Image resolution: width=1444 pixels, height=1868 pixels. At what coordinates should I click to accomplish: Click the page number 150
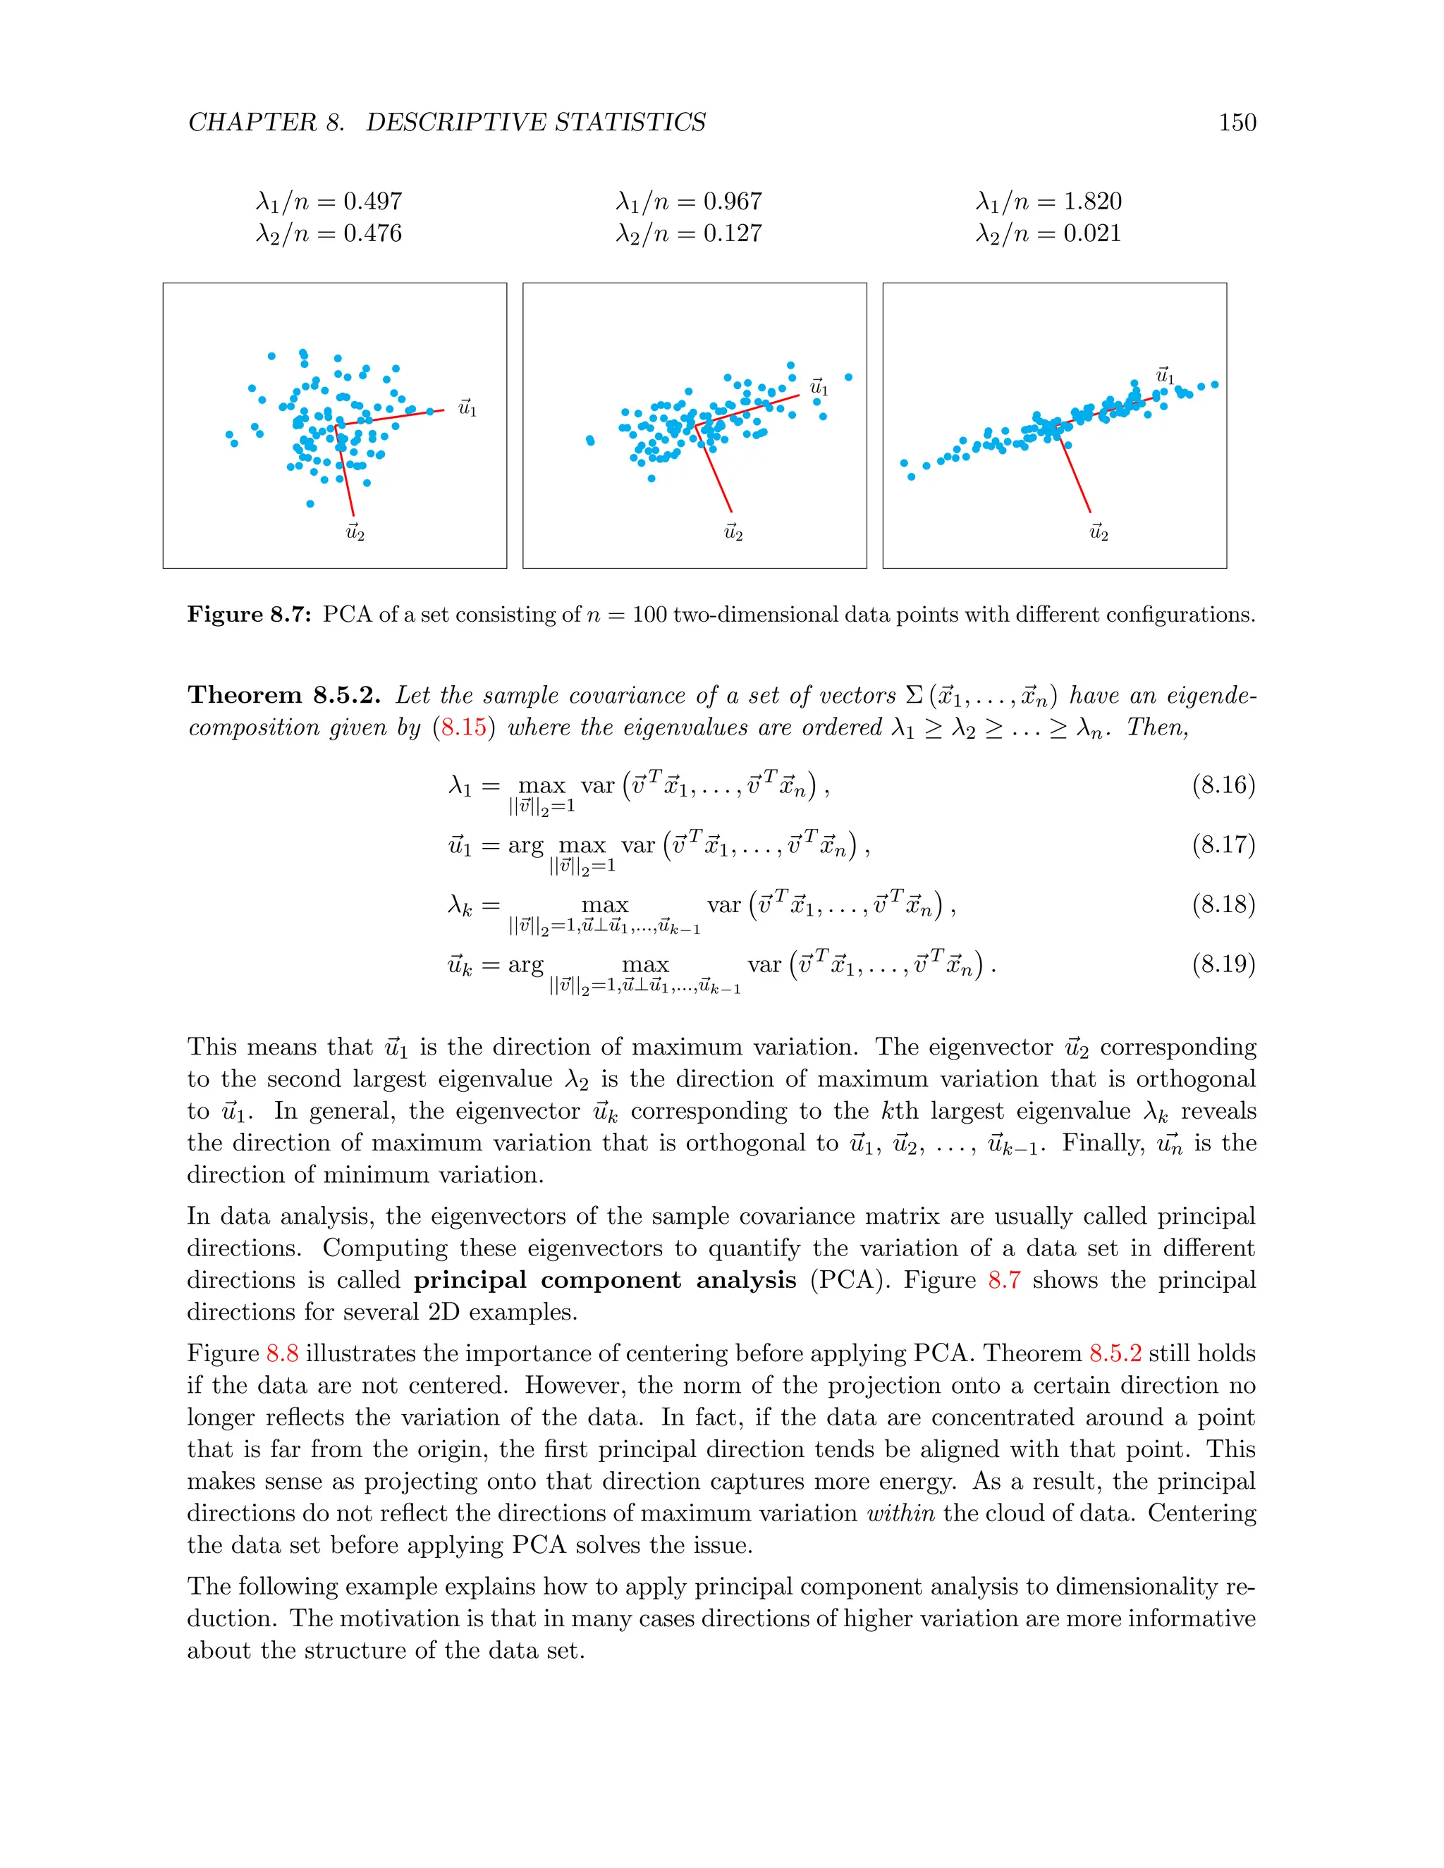coord(1237,123)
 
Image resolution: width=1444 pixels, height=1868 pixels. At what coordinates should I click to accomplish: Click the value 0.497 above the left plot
coord(373,202)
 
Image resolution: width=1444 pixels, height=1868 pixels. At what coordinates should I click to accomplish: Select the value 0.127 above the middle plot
coord(733,233)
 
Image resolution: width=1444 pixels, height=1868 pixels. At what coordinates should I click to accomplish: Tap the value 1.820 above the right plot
coord(1092,202)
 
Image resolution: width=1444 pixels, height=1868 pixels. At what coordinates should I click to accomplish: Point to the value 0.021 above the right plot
coord(1092,233)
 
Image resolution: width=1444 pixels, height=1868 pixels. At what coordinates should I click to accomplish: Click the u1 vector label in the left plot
coord(467,408)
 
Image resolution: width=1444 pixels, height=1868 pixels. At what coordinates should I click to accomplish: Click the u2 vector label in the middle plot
coord(733,532)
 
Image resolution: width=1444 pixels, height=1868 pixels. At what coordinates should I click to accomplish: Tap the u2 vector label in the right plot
coord(1099,532)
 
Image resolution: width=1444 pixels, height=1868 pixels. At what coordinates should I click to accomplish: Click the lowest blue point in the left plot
coord(310,504)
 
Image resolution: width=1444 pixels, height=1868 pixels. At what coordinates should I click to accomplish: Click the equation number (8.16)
coord(1223,785)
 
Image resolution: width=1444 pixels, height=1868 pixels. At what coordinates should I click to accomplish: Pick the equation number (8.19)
coord(1223,965)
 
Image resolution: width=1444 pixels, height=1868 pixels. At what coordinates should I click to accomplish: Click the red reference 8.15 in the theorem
coord(464,728)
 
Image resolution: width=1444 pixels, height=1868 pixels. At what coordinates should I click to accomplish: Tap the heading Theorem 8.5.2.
coord(284,694)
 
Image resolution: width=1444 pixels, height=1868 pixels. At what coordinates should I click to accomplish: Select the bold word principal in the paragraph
coord(470,1280)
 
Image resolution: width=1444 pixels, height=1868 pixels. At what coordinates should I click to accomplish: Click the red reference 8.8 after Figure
coord(282,1354)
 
